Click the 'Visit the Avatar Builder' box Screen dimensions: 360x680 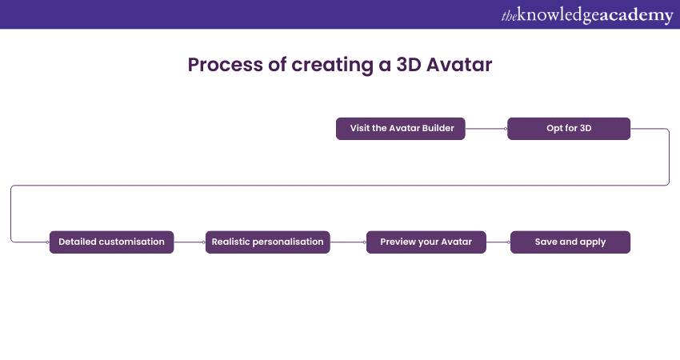tap(400, 128)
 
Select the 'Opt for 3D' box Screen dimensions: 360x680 tap(569, 128)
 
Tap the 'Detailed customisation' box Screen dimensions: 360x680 tap(111, 242)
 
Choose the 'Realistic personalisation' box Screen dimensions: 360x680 tap(268, 242)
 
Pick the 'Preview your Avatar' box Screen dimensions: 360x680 tap(426, 242)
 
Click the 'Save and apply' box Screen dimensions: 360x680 tap(570, 242)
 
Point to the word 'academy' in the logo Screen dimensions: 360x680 tap(636, 14)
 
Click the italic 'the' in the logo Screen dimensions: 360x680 tap(509, 15)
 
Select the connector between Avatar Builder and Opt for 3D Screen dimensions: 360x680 tap(486, 128)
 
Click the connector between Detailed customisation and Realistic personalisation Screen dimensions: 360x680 tap(190, 242)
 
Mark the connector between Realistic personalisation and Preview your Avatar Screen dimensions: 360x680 tap(348, 242)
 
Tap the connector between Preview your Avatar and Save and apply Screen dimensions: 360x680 tap(498, 242)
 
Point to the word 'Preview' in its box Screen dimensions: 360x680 tap(398, 242)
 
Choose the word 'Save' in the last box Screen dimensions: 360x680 tap(547, 242)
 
